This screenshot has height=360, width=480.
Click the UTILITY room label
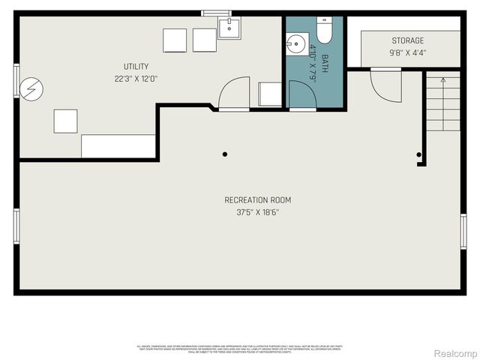[x=136, y=67]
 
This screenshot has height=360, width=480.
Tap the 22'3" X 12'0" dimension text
[x=136, y=78]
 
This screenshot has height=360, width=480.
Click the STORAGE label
[x=407, y=41]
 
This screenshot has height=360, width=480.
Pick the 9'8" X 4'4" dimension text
[x=407, y=53]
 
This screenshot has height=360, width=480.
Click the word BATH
[x=325, y=61]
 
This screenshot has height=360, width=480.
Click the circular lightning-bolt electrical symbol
[x=31, y=89]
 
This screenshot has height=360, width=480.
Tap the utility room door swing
[x=233, y=93]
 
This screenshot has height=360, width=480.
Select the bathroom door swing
[x=301, y=95]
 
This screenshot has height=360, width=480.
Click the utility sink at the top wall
[x=228, y=28]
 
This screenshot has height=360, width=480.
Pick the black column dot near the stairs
[x=419, y=155]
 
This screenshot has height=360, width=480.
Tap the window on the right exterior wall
[x=463, y=231]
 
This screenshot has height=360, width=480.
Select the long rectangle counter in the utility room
[x=118, y=145]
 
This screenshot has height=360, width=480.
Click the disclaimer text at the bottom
[x=240, y=348]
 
